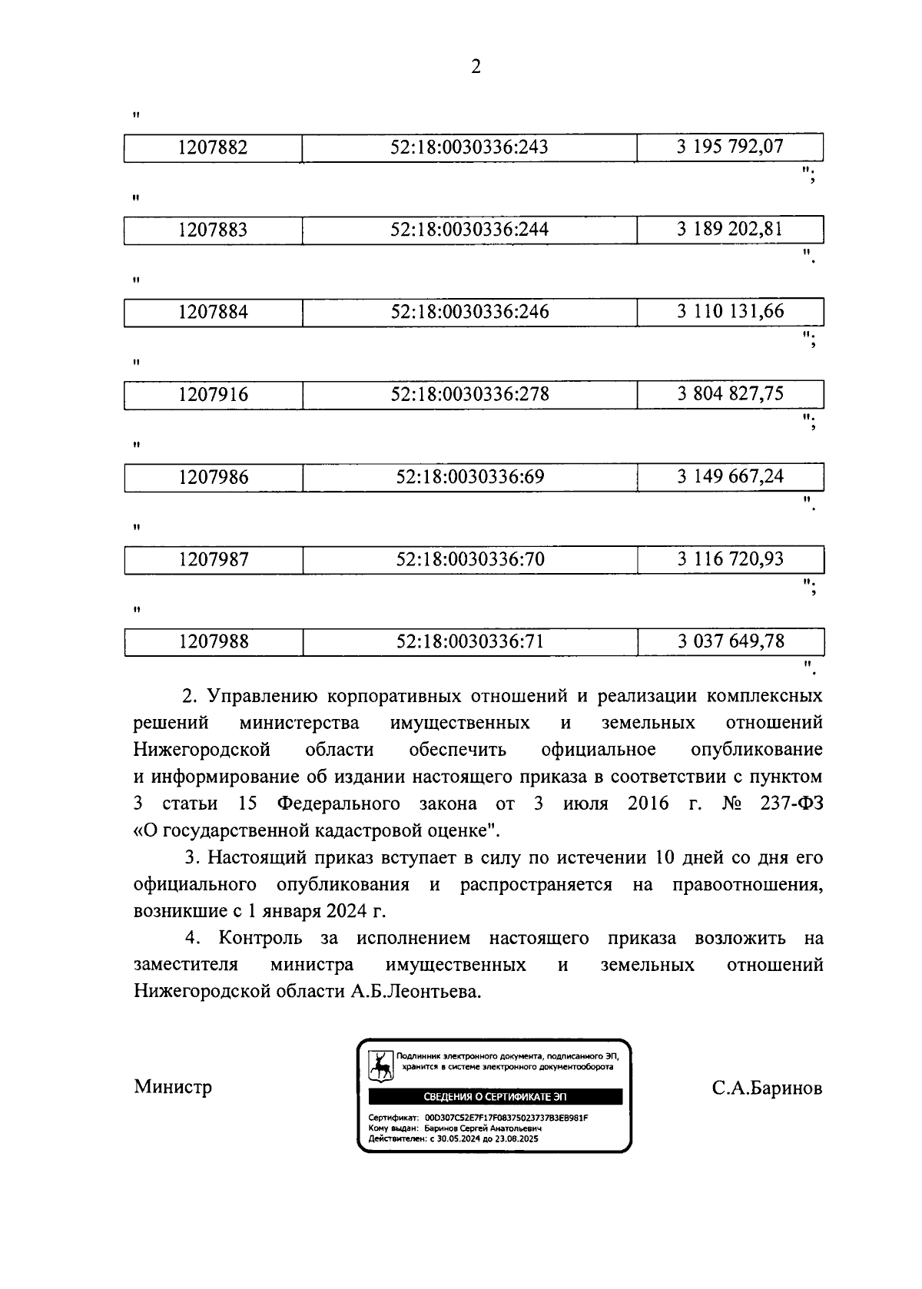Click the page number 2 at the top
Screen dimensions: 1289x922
coord(476,68)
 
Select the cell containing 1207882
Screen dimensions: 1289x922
coord(213,147)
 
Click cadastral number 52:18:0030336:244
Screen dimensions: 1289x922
coord(469,230)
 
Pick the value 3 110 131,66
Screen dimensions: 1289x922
coord(730,311)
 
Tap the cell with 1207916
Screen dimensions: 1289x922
coord(213,395)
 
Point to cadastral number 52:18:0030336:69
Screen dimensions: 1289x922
coord(469,477)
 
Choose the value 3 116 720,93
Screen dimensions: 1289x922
coord(730,558)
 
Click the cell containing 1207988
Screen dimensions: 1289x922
coord(213,641)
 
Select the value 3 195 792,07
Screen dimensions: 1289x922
coord(730,146)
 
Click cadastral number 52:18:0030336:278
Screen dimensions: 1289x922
coord(469,394)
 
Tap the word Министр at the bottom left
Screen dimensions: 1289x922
coord(173,1087)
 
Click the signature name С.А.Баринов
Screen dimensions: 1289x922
coord(767,1088)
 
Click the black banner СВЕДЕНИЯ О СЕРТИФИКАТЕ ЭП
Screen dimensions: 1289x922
coord(495,1097)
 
